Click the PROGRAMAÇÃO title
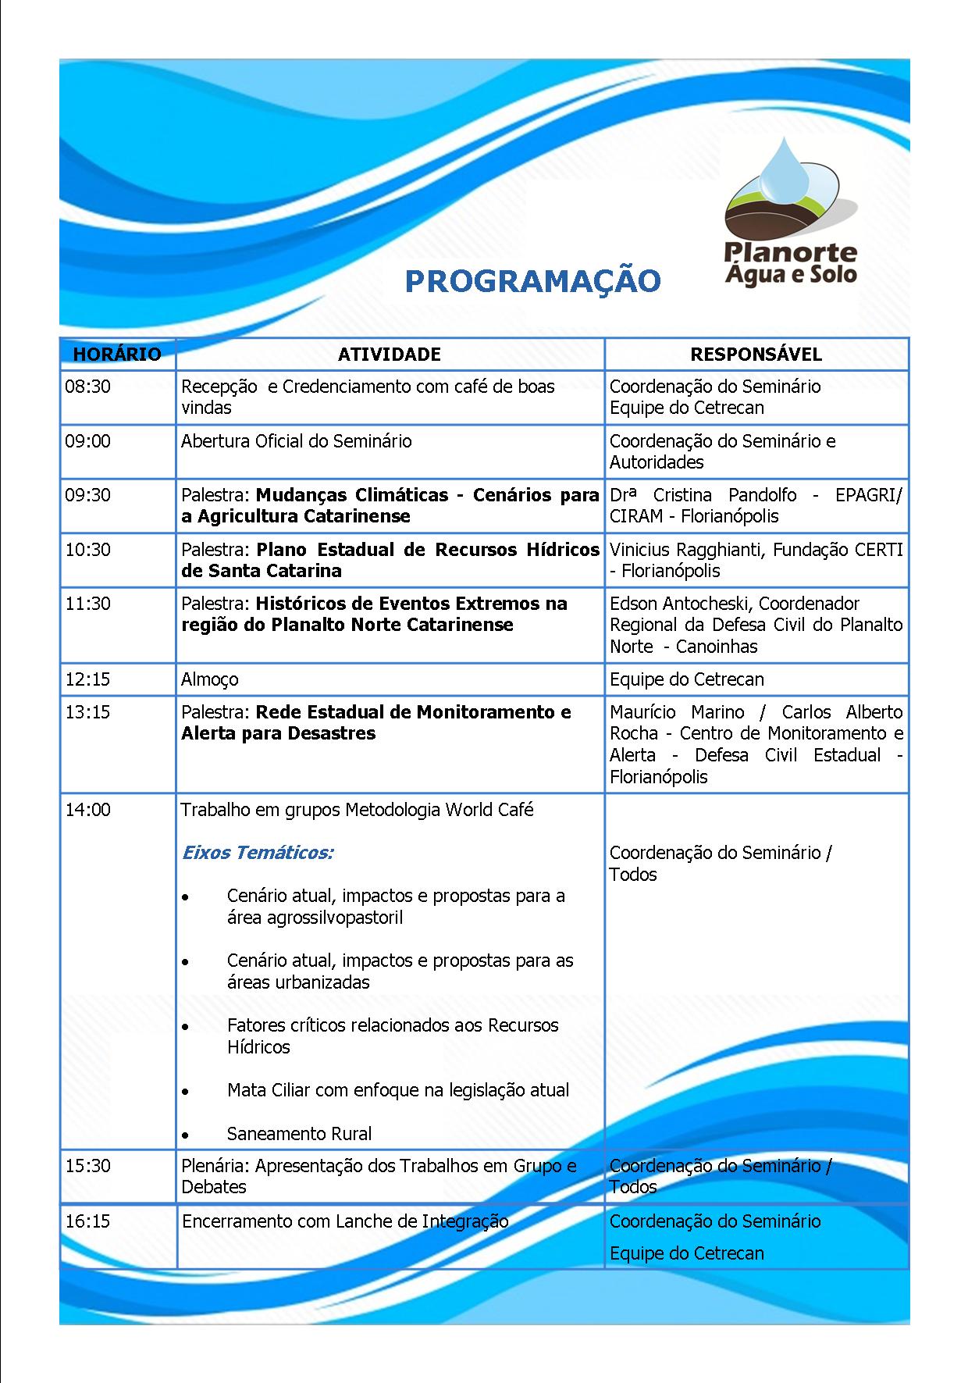click(532, 281)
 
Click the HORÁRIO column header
click(117, 355)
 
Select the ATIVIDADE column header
click(390, 355)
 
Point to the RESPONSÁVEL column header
click(756, 355)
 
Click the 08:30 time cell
click(88, 387)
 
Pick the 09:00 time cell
click(88, 441)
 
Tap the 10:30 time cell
click(88, 550)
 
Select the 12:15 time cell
click(88, 679)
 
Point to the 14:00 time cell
click(88, 810)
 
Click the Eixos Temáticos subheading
click(258, 853)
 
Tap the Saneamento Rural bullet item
click(299, 1134)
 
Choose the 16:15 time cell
click(88, 1221)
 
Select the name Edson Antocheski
click(678, 604)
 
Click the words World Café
click(489, 810)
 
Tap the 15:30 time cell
click(88, 1166)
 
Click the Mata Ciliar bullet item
click(398, 1090)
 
